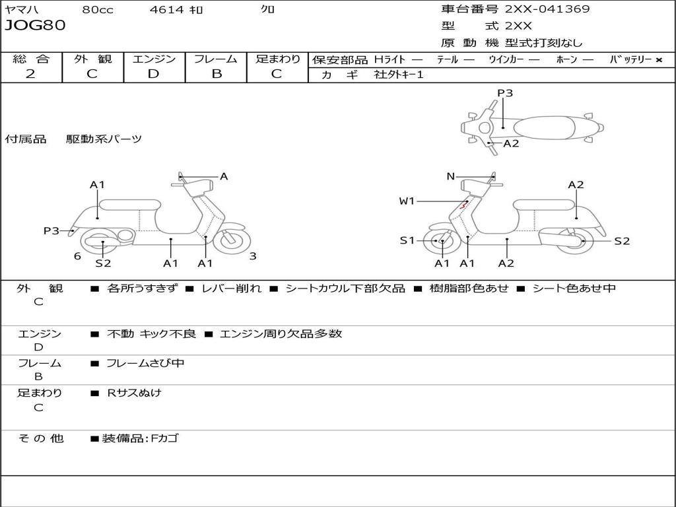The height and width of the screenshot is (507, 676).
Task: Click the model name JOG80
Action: pyautogui.click(x=35, y=26)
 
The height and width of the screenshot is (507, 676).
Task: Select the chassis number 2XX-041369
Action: pyautogui.click(x=547, y=9)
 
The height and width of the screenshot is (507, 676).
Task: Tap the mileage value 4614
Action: pyautogui.click(x=168, y=10)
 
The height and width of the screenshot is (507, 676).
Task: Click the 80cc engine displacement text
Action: pyautogui.click(x=98, y=10)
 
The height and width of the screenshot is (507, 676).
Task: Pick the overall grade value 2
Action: pyautogui.click(x=30, y=74)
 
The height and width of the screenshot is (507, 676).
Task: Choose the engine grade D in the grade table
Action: pyautogui.click(x=154, y=74)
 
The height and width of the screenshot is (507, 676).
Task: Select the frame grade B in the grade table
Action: pyautogui.click(x=216, y=74)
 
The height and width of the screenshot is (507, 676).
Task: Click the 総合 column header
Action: pyautogui.click(x=31, y=59)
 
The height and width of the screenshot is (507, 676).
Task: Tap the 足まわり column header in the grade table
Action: pyautogui.click(x=277, y=59)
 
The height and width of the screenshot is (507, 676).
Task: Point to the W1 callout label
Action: pyautogui.click(x=407, y=201)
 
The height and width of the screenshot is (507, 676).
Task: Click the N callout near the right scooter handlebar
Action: pyautogui.click(x=450, y=176)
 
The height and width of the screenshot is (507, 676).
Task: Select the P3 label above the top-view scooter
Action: pyautogui.click(x=505, y=93)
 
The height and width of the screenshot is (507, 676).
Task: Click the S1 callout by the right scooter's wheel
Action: pyautogui.click(x=407, y=240)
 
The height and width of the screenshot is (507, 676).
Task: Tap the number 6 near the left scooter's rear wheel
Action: pyautogui.click(x=77, y=256)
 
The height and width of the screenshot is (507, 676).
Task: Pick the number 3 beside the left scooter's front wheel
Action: pyautogui.click(x=253, y=256)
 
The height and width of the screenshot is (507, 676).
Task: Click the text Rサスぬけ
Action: pyautogui.click(x=134, y=393)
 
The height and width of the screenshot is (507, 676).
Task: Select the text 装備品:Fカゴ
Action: pyautogui.click(x=140, y=438)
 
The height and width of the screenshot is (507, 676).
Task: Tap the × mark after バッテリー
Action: pyautogui.click(x=658, y=59)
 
